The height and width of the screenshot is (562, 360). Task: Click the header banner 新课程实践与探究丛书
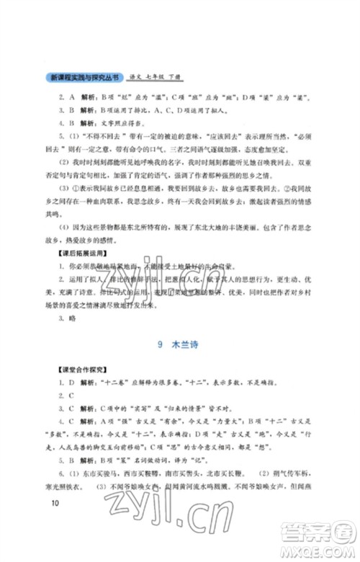(x=83, y=76)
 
